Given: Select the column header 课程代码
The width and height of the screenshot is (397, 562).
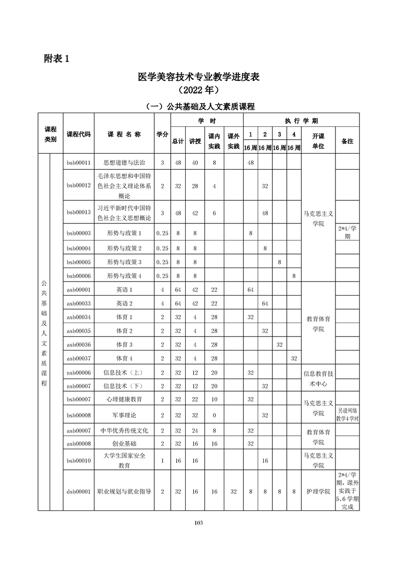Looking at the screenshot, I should (x=79, y=134).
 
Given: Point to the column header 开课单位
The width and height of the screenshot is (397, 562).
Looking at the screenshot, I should (x=318, y=141).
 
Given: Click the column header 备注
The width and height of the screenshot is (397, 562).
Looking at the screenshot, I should (x=347, y=141).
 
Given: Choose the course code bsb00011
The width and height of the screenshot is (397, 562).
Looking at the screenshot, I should (x=79, y=162).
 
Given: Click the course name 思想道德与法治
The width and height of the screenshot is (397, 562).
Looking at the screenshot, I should (x=124, y=162).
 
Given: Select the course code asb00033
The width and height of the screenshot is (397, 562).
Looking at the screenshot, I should (x=79, y=303).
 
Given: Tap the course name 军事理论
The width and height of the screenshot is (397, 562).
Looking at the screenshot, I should (x=124, y=415).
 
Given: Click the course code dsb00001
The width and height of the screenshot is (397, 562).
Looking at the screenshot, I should (x=79, y=491).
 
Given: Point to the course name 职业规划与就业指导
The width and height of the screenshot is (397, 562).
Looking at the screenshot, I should (x=124, y=491).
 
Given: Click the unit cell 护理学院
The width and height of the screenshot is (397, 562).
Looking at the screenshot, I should (x=318, y=491).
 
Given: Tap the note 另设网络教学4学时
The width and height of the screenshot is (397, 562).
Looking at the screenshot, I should (x=347, y=415).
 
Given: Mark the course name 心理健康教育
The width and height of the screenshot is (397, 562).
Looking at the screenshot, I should (x=124, y=399).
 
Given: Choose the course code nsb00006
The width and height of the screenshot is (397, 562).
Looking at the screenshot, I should (x=79, y=372).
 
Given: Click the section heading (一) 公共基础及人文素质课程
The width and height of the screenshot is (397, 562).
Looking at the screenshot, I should (x=199, y=106).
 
